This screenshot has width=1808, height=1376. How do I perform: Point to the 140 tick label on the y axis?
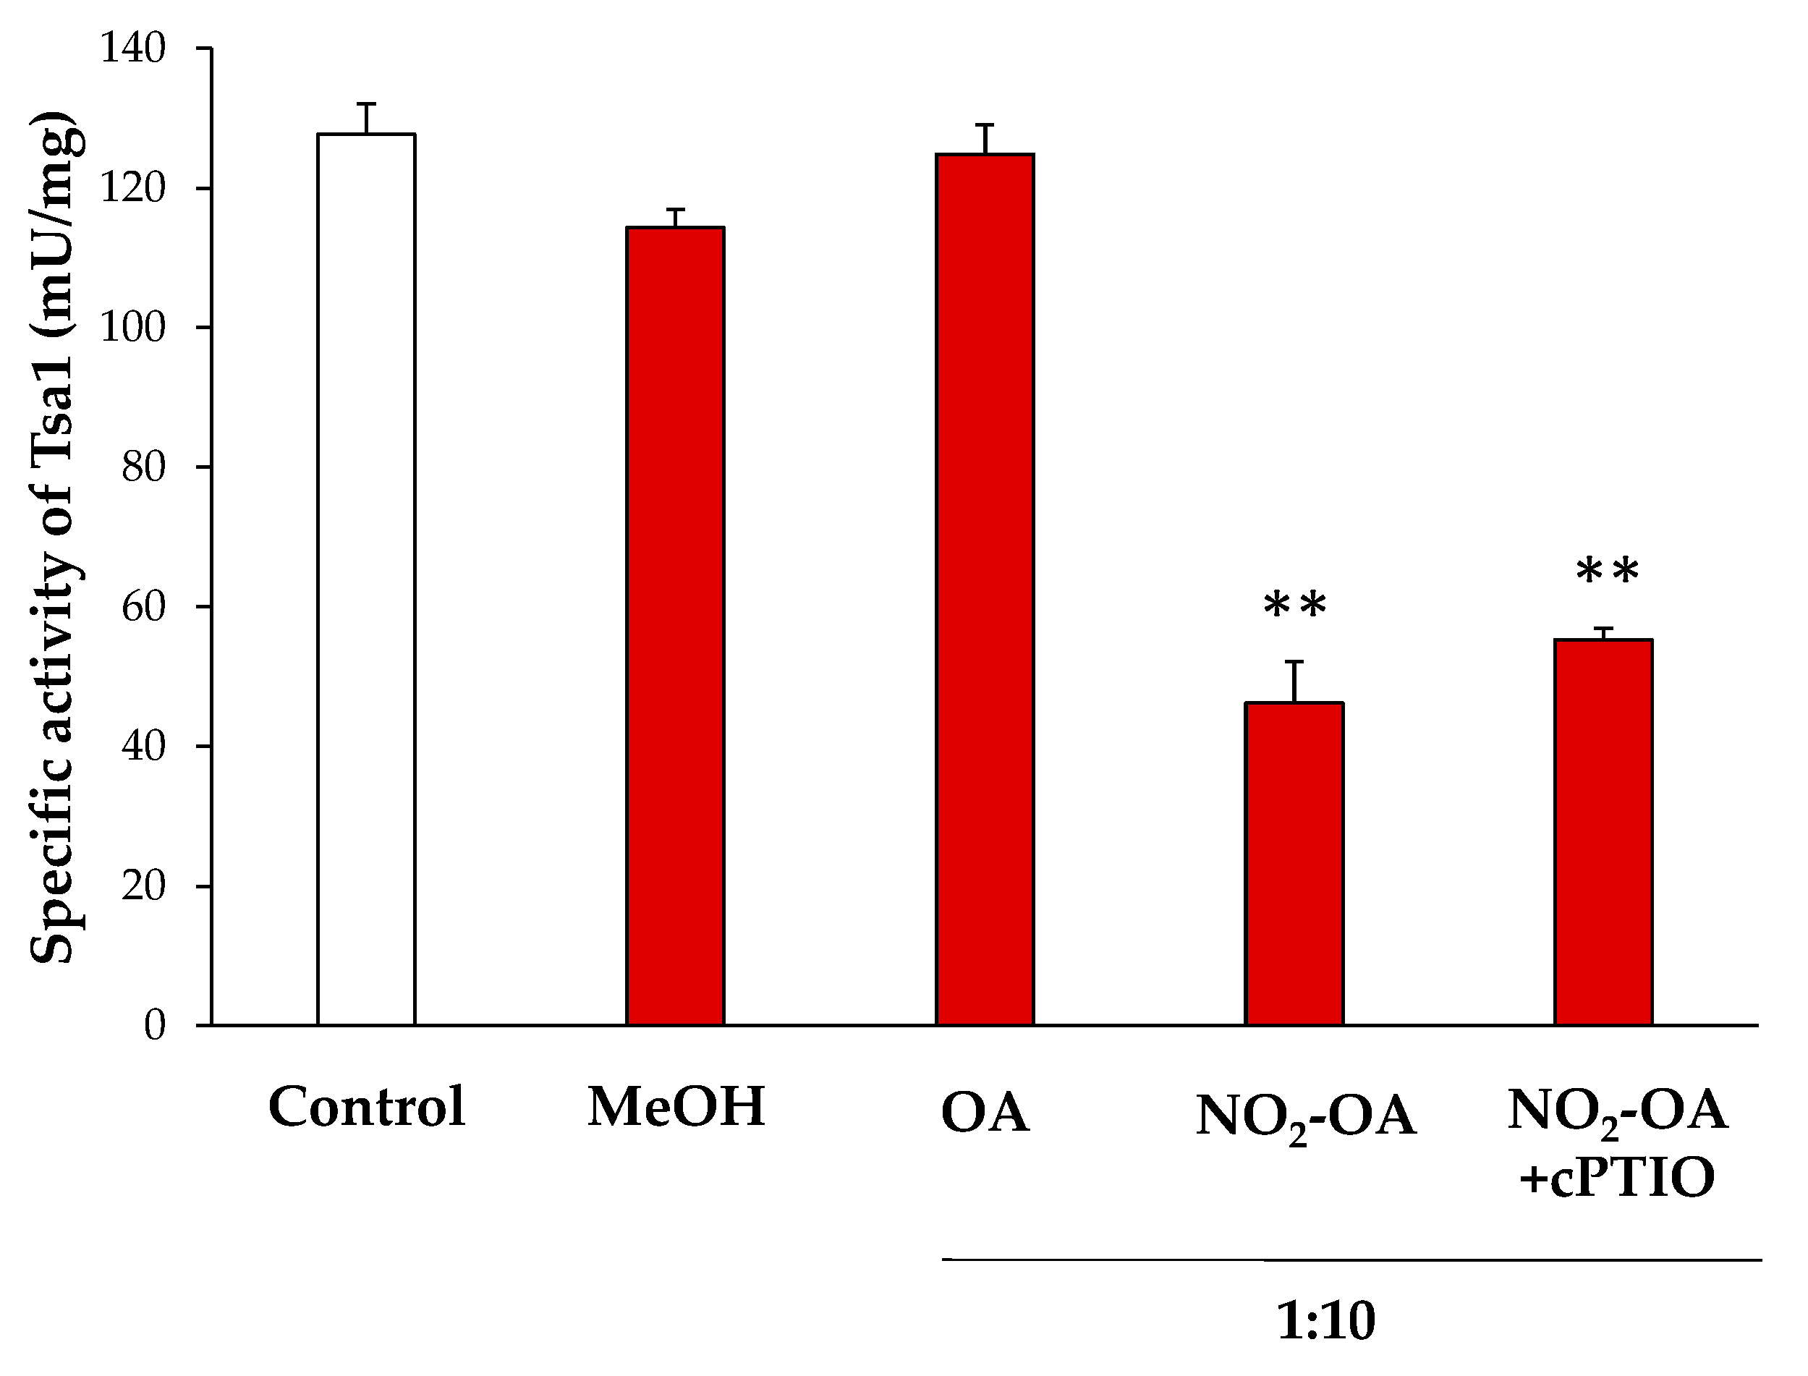[x=132, y=49]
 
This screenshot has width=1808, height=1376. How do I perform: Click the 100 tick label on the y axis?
[x=132, y=328]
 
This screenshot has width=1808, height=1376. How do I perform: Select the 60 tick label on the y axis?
[x=143, y=607]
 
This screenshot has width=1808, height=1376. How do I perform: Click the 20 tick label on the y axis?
[x=143, y=886]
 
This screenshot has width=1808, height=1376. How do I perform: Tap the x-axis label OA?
[x=985, y=1114]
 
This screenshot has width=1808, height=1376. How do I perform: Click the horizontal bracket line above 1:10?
[x=1351, y=1260]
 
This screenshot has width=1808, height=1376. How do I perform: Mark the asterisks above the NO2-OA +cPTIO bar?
[x=1608, y=572]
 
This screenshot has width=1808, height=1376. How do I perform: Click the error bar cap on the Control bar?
[x=366, y=104]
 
